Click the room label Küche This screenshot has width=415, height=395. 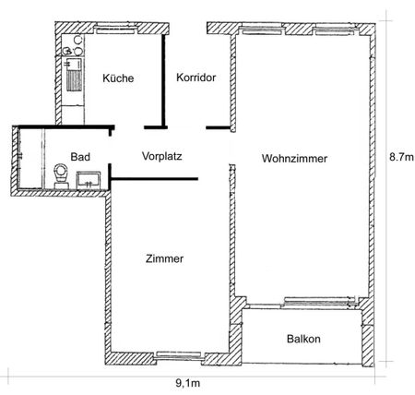(x=119, y=78)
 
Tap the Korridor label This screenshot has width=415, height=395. (x=196, y=78)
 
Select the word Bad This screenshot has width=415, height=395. (x=79, y=156)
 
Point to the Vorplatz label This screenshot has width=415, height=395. (x=162, y=156)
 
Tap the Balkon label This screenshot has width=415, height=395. (x=302, y=339)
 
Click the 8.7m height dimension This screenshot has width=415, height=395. (x=399, y=158)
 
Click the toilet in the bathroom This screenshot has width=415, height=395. (x=62, y=174)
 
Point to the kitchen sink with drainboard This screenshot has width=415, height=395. (x=72, y=75)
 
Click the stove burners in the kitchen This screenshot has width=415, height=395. (x=73, y=45)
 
